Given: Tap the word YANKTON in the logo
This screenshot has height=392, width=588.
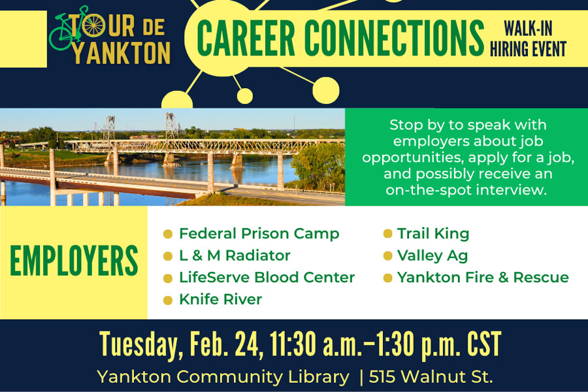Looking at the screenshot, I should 122,53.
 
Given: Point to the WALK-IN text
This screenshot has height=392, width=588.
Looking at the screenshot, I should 528,29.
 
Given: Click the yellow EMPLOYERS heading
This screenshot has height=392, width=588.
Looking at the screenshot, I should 74,262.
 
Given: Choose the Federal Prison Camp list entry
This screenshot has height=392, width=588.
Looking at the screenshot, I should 259,233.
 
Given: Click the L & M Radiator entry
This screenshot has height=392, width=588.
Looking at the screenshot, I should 235,255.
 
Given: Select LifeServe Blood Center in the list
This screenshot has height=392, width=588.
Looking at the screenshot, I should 267,277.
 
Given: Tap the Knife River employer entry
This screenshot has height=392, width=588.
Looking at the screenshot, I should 220,299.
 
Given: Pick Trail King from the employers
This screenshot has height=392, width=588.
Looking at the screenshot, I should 433,233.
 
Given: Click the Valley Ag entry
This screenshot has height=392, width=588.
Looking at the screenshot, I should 432,255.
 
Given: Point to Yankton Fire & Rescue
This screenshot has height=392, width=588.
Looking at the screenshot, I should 483,277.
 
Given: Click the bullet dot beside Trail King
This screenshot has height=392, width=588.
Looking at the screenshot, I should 387,234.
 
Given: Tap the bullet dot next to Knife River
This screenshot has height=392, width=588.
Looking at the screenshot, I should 168,300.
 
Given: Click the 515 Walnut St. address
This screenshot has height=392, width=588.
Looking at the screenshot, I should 431,377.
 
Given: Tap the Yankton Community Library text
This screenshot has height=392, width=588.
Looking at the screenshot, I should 223,377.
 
